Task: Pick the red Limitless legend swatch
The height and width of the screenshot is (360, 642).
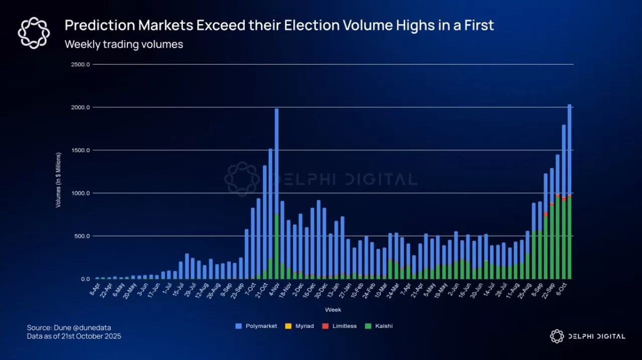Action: [x=325, y=326]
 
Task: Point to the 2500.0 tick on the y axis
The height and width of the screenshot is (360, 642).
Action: [x=81, y=65]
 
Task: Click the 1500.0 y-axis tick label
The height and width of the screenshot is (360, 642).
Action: [x=81, y=150]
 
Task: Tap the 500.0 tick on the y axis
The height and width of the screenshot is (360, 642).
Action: [x=82, y=236]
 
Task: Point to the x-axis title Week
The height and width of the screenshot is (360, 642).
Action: [x=333, y=309]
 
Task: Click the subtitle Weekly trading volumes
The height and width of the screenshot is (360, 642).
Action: [x=124, y=44]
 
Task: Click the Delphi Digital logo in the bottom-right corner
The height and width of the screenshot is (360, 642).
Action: [x=587, y=336]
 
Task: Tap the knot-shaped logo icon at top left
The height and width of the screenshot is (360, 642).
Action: [x=34, y=33]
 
